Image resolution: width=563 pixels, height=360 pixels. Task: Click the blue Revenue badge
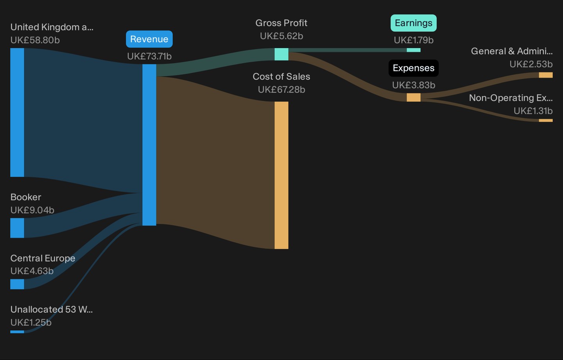149,39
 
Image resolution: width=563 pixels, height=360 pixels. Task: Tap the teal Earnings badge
414,23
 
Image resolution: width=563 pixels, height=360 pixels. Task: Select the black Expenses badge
414,68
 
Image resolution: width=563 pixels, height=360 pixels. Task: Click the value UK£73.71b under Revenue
149,56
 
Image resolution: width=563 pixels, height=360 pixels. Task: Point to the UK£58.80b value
35,40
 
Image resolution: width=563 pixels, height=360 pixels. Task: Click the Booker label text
26,197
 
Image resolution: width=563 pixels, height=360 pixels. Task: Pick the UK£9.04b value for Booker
32,210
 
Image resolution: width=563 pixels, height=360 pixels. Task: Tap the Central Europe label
43,258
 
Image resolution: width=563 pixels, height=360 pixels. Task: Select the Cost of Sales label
281,76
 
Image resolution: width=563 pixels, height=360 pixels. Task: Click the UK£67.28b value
281,90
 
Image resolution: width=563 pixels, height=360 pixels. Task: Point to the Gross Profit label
281,23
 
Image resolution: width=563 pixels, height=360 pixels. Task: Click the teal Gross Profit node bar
281,54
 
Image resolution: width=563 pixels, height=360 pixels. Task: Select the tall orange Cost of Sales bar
281,175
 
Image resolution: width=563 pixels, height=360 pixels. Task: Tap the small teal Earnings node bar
414,50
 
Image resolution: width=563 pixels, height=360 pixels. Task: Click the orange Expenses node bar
414,97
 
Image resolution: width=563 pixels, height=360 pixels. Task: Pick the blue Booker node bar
17,228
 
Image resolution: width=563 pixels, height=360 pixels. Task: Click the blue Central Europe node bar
17,284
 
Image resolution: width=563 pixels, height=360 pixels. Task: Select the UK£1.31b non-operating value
533,111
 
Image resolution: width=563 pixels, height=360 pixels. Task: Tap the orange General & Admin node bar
546,75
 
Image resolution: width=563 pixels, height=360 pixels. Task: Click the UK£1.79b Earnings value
414,40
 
